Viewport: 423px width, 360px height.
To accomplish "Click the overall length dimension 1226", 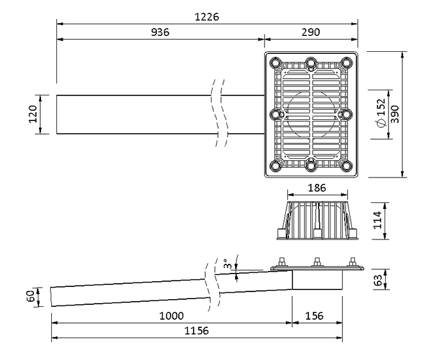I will point(206,17).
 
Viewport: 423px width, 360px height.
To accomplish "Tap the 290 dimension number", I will point(311,33).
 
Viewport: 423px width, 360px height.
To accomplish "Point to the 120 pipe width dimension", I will point(33,114).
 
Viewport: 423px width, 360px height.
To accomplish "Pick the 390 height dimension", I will point(395,114).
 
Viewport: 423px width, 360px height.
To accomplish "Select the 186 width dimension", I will point(317,188).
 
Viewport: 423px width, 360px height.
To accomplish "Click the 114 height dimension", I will point(377,220).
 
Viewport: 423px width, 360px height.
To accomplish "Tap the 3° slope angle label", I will point(226,264).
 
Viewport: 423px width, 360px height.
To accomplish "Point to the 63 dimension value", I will point(377,280).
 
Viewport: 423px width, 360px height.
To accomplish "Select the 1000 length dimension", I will point(171,316).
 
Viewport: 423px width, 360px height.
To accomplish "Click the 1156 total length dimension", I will point(196,331).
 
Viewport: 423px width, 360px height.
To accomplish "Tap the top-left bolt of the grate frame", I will point(276,63).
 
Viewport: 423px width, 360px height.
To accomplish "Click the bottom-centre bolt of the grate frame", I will point(311,166).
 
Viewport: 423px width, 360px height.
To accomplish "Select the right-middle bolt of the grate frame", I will point(345,114).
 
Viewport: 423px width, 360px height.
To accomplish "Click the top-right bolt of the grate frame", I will point(345,63).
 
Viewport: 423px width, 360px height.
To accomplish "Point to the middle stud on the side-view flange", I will point(316,263).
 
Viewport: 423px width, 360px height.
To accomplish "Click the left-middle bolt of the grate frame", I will point(276,114).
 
